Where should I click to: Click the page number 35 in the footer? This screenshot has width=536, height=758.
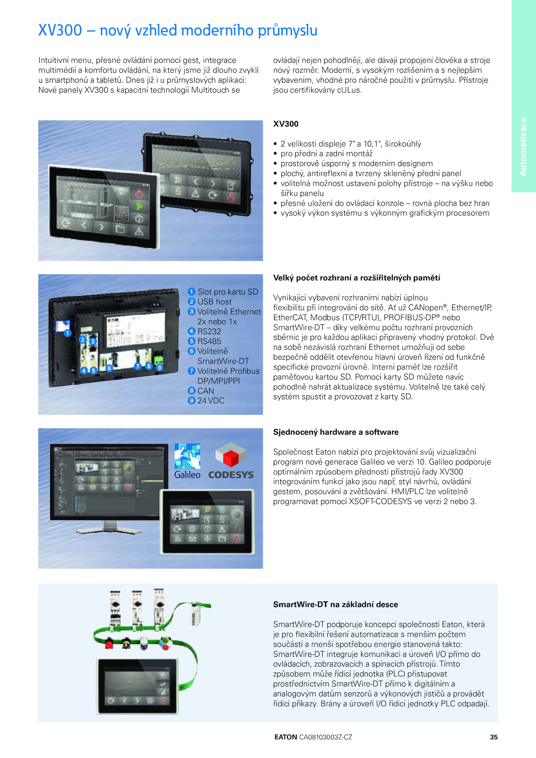[x=493, y=737]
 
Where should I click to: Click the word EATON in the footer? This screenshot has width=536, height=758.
[x=285, y=737]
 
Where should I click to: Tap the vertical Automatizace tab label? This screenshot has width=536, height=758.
[x=523, y=147]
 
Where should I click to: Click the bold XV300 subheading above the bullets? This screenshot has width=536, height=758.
[x=286, y=124]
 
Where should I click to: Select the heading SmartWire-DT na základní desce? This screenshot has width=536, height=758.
[x=335, y=604]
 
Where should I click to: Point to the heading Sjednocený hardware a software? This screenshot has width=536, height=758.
[x=336, y=432]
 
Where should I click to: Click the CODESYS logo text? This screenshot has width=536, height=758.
[x=231, y=475]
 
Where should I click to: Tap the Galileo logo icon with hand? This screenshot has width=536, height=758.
[x=188, y=456]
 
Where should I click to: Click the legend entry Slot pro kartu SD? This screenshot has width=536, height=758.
[x=228, y=292]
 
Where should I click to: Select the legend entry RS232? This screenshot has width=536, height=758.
[x=209, y=331]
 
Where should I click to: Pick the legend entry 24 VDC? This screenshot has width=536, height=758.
[x=211, y=401]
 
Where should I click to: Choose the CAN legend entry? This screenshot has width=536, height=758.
[x=205, y=391]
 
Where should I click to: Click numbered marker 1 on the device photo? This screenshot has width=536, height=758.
[x=67, y=333]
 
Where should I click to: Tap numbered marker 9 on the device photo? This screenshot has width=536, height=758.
[x=160, y=367]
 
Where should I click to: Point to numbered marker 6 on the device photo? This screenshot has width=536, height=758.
[x=109, y=368]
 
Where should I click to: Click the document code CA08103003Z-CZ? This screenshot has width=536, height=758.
[x=325, y=737]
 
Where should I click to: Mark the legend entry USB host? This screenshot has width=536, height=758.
[x=214, y=302]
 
